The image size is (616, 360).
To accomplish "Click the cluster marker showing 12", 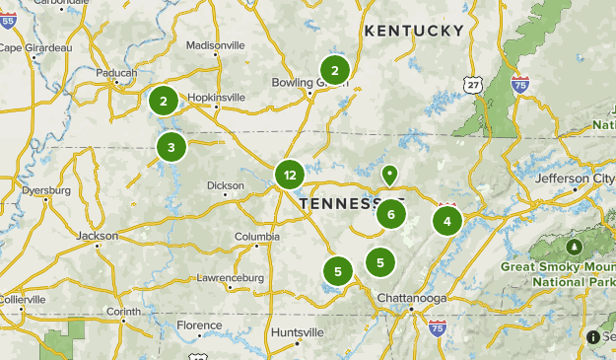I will click(x=289, y=176).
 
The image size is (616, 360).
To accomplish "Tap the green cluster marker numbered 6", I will click(x=391, y=213).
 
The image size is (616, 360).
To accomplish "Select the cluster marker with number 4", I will click(x=447, y=220).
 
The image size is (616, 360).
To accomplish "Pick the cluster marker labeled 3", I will click(x=171, y=148).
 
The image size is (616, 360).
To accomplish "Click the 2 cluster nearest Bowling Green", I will click(x=335, y=70).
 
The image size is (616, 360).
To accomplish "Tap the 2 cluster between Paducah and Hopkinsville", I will click(x=164, y=100).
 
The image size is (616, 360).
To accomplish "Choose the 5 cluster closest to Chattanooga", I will click(x=380, y=261).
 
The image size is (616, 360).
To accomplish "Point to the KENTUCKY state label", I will click(x=414, y=31).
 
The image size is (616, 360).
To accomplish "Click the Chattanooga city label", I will click(x=412, y=299).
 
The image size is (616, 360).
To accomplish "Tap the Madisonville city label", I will click(x=215, y=45).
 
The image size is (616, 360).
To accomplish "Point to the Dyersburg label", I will click(x=46, y=189).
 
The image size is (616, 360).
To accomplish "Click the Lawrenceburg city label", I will click(x=231, y=278).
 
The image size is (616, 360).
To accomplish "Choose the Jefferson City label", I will click(x=575, y=179).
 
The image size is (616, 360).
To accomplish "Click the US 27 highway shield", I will click(x=475, y=85).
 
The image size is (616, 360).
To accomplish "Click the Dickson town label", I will click(x=226, y=184).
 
